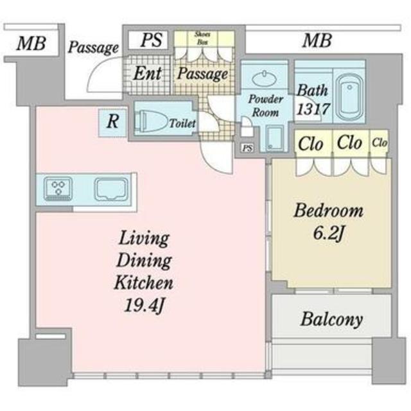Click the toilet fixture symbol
(152, 121)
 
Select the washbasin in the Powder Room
(264, 78)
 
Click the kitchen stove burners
(58, 189)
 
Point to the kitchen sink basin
(111, 189)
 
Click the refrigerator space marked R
(113, 123)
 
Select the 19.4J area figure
(144, 305)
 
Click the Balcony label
(332, 320)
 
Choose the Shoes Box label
(203, 38)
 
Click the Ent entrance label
(147, 73)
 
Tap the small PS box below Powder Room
(247, 148)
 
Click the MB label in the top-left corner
(31, 43)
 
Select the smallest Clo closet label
(380, 143)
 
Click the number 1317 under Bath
(313, 109)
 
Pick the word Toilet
(182, 123)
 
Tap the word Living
(144, 238)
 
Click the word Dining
(144, 261)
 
